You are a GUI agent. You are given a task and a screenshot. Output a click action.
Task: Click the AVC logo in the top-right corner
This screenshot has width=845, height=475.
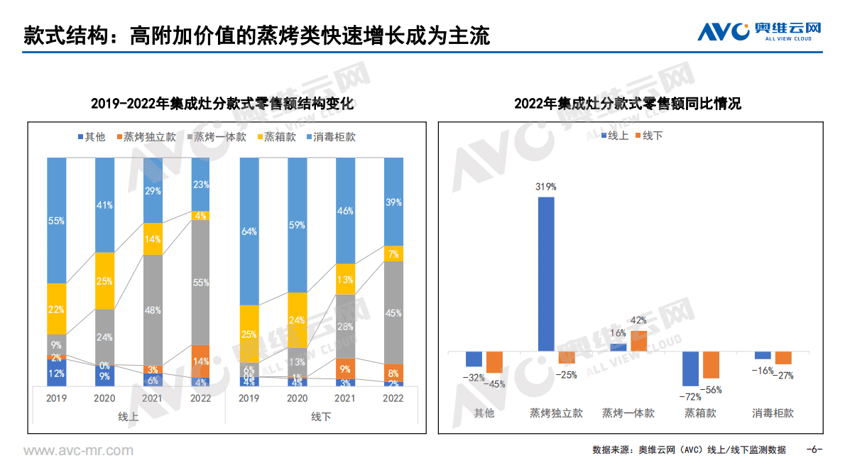[x=759, y=31]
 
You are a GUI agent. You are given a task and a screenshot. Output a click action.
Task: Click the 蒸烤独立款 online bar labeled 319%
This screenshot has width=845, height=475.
[x=546, y=273]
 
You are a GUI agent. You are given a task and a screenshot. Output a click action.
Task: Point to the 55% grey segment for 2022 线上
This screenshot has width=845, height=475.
[x=201, y=283]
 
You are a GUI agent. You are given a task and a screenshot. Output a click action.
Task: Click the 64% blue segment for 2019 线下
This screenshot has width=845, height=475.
[x=249, y=231]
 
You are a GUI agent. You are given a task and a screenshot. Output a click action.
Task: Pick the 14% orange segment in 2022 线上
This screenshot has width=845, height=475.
[x=201, y=361]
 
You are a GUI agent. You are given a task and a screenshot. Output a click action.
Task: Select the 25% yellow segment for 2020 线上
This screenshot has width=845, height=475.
[x=104, y=280]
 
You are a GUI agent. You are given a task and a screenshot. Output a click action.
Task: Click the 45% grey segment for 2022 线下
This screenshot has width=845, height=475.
[x=393, y=312]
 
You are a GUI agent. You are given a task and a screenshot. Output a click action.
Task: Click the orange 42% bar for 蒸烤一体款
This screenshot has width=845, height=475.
[x=639, y=341]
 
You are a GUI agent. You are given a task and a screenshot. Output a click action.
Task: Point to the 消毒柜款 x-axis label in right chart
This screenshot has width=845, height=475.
[x=773, y=413]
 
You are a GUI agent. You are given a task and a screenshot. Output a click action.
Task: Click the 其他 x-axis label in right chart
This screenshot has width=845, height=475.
[x=484, y=413]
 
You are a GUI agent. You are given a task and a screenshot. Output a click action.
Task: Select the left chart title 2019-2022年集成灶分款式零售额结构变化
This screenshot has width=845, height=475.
[x=222, y=104]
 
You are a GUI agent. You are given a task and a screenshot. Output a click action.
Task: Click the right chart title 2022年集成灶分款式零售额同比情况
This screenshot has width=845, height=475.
[x=628, y=104]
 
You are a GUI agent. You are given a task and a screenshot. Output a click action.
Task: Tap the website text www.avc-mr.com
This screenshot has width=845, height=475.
[x=78, y=450]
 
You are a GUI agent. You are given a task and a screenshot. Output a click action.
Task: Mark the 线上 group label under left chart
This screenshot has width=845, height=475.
[x=128, y=417]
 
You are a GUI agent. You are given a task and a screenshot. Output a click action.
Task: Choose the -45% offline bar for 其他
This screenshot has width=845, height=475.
[x=494, y=362]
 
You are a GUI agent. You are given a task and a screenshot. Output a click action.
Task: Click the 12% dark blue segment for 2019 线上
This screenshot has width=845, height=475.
[x=57, y=373]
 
